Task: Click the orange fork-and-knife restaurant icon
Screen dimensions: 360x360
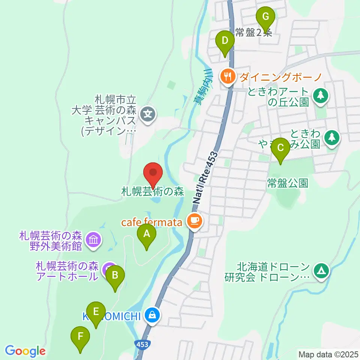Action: point(227,77)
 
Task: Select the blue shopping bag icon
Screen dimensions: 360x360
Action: point(152,315)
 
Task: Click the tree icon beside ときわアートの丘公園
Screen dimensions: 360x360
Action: point(320,96)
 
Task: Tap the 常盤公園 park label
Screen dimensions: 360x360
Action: point(288,183)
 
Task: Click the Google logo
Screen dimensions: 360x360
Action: point(25,351)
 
